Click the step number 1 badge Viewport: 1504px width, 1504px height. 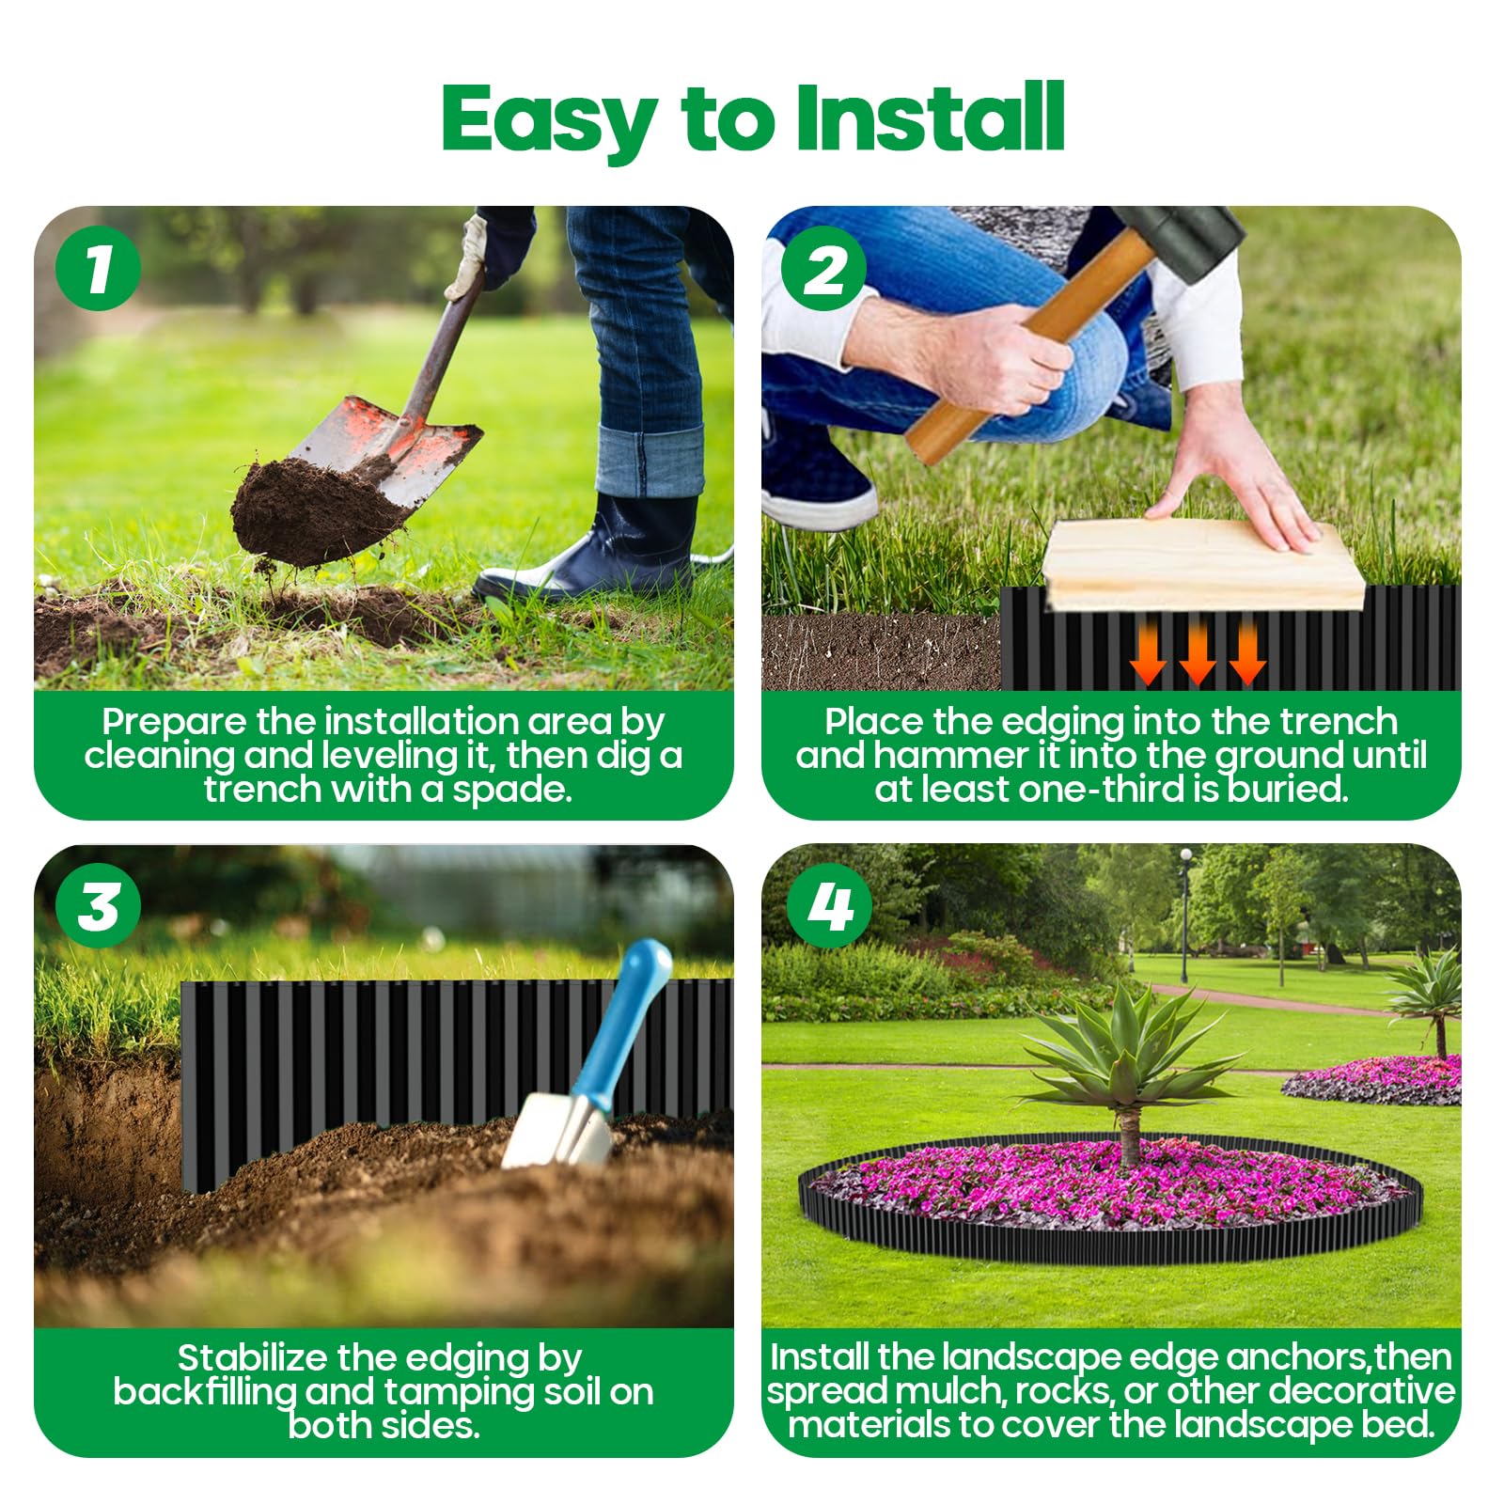tap(98, 269)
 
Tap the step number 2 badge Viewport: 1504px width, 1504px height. tap(824, 269)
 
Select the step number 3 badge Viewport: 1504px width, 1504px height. tap(98, 906)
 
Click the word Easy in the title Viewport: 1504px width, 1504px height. tap(548, 122)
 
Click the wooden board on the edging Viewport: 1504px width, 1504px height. tap(1205, 564)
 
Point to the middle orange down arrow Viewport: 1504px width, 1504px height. tap(1198, 652)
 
